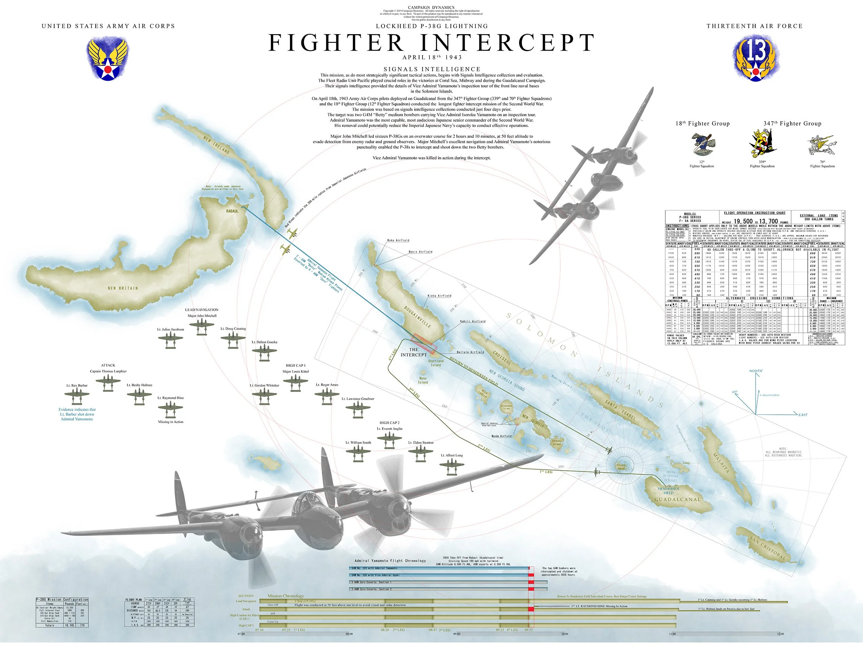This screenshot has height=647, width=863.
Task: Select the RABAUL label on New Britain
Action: pyautogui.click(x=232, y=211)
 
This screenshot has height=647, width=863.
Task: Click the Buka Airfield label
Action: pyautogui.click(x=398, y=240)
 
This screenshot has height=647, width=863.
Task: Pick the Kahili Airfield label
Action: pyautogui.click(x=473, y=321)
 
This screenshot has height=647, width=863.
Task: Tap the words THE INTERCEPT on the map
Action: pyautogui.click(x=414, y=352)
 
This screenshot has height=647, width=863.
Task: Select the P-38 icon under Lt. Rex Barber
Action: pyautogui.click(x=77, y=396)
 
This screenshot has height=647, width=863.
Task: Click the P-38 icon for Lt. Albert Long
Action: pyautogui.click(x=452, y=466)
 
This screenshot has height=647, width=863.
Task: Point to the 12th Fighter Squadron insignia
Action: pyautogui.click(x=701, y=144)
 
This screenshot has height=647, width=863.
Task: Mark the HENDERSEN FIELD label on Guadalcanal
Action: pyautogui.click(x=668, y=491)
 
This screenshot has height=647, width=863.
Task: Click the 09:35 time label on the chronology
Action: pyautogui.click(x=529, y=630)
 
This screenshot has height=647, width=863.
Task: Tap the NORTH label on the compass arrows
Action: pyautogui.click(x=755, y=371)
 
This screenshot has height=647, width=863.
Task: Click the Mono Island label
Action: pyautogui.click(x=423, y=380)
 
